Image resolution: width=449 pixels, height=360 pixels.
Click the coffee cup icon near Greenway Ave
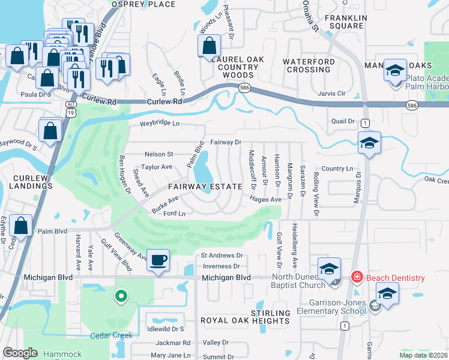(158, 260)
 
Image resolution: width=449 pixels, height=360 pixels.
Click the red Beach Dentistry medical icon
(356, 278)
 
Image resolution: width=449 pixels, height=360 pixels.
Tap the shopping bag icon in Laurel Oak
(208, 45)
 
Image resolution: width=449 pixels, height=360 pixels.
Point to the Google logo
(20, 353)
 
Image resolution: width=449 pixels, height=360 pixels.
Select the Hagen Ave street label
(266, 199)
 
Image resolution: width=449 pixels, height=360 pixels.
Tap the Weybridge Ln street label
(160, 124)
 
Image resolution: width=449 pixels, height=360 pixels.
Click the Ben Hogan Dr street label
(124, 175)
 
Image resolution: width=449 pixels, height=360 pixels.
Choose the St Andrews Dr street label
(220, 256)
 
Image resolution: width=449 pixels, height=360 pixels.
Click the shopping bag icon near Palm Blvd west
(20, 227)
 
